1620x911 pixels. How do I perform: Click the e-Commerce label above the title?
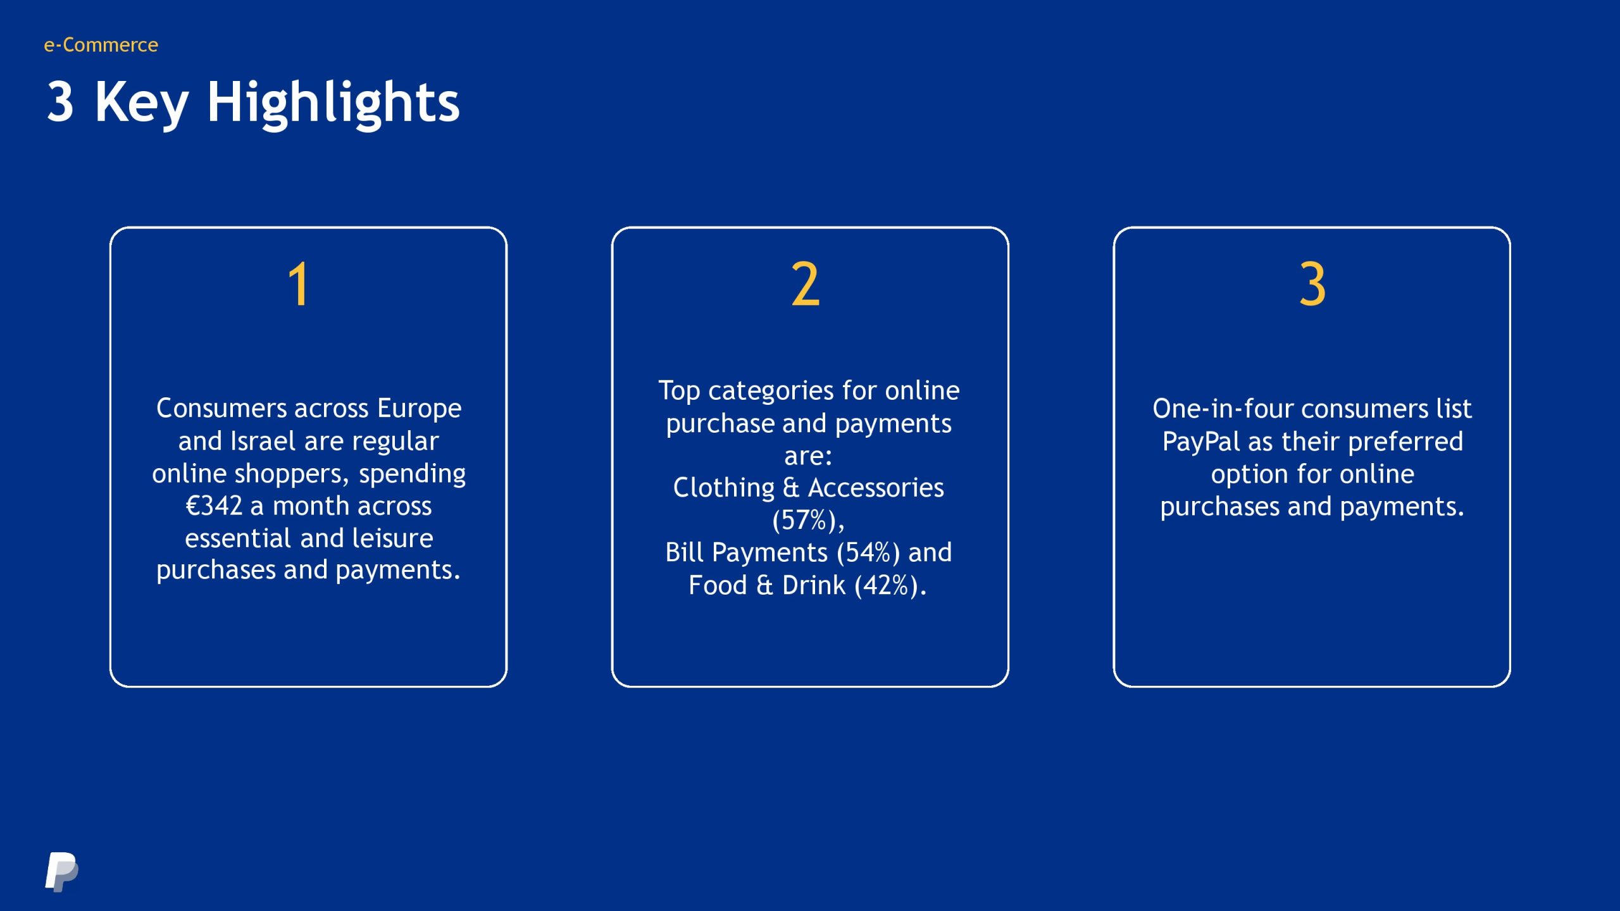(x=101, y=45)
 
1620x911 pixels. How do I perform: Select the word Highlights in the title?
(x=333, y=104)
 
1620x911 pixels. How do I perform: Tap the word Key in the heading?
(x=142, y=104)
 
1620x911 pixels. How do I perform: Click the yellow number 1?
(x=299, y=284)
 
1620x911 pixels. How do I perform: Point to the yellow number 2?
(x=806, y=284)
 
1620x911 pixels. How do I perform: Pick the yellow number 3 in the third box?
(x=1312, y=284)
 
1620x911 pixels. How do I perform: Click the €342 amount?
(x=214, y=505)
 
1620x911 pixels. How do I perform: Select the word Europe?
(x=420, y=409)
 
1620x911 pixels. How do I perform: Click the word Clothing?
(x=724, y=488)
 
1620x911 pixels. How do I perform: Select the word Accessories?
(x=876, y=488)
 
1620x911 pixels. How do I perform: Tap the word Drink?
(x=814, y=585)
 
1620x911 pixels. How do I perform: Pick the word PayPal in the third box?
(x=1201, y=442)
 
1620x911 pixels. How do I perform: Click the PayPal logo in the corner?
(x=62, y=872)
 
